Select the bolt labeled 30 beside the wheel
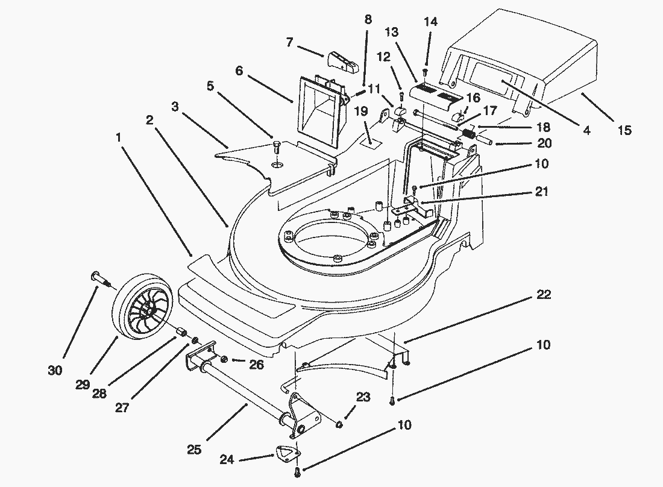coord(100,277)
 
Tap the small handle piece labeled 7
coord(341,59)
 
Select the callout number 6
coord(239,71)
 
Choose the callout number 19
coord(361,111)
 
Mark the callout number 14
coord(430,22)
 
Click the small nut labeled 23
coord(339,424)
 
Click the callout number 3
coord(175,108)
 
